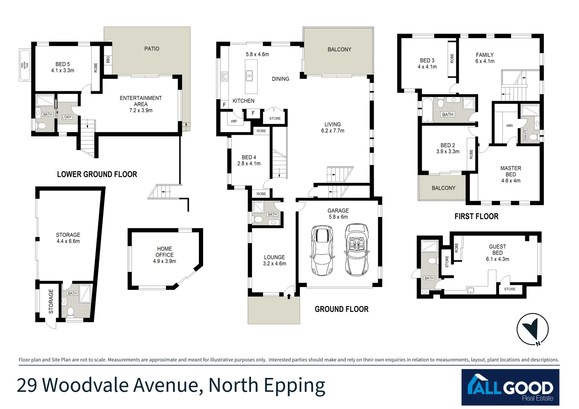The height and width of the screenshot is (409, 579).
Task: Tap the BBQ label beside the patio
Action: [108, 60]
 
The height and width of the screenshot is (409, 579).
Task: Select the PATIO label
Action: [152, 48]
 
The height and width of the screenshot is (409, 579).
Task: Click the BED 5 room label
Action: [63, 64]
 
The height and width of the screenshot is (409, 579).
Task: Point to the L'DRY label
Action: [67, 117]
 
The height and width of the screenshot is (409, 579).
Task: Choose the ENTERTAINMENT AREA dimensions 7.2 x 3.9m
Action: [141, 111]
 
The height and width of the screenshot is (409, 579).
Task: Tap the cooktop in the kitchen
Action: [224, 76]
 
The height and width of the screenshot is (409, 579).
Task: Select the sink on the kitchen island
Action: [249, 76]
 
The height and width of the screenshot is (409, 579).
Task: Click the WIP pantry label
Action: [234, 122]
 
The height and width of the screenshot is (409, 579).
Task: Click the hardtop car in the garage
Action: [322, 250]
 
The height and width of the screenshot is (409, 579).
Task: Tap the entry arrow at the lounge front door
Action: [289, 296]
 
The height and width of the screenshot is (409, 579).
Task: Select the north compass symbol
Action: [532, 329]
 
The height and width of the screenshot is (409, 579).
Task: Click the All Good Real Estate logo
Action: [510, 387]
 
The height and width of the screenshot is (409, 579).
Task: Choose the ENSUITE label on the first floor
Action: [525, 135]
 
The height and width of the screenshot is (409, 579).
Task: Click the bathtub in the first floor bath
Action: [427, 110]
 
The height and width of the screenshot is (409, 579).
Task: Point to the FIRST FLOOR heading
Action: [476, 216]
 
